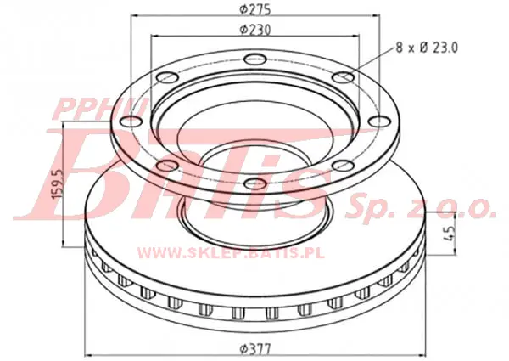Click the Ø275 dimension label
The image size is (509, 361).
pyautogui.click(x=255, y=9)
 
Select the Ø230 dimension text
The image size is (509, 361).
pyautogui.click(x=255, y=30)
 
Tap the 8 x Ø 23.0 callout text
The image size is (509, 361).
pyautogui.click(x=427, y=48)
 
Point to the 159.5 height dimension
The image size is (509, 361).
pyautogui.click(x=58, y=184)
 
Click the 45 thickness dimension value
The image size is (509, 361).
pyautogui.click(x=450, y=233)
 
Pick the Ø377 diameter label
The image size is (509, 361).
pyautogui.click(x=255, y=350)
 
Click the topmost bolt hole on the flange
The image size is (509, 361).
pyautogui.click(x=255, y=59)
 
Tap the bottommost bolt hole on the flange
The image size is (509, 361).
pyautogui.click(x=255, y=183)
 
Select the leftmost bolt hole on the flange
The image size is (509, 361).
pyautogui.click(x=131, y=121)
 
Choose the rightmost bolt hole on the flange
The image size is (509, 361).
pyautogui.click(x=379, y=121)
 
